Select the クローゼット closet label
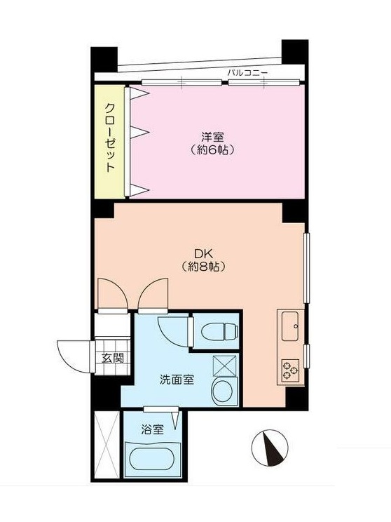point(110,138)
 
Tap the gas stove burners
point(290,369)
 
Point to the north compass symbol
point(270,447)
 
